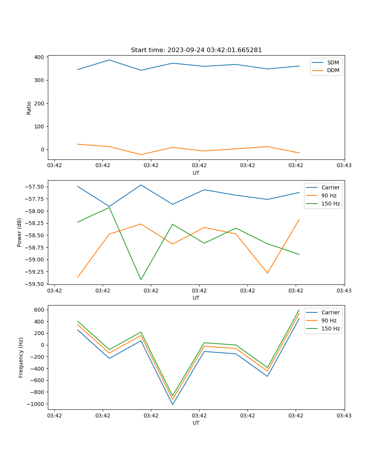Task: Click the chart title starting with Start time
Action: tap(196, 50)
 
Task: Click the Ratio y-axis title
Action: tap(29, 108)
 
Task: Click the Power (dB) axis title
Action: tap(20, 232)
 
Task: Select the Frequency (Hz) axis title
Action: tap(21, 357)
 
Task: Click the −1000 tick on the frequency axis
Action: tap(37, 404)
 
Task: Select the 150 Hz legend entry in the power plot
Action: tap(331, 204)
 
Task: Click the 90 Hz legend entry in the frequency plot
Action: tap(329, 320)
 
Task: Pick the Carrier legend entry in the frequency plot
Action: tap(330, 312)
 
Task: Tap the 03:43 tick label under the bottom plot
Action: tap(344, 415)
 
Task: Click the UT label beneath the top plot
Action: tap(196, 173)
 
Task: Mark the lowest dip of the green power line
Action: tap(141, 279)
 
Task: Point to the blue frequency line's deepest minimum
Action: tap(172, 404)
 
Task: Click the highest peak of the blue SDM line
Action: tap(109, 60)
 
